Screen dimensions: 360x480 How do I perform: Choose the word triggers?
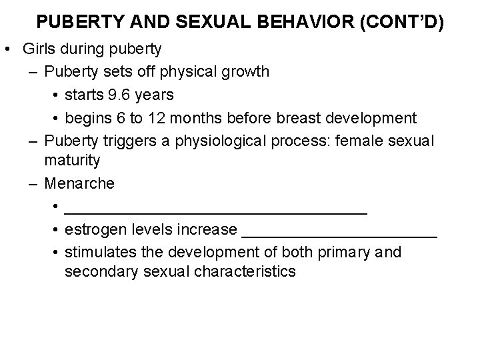pyautogui.click(x=125, y=141)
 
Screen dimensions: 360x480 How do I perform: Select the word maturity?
pyautogui.click(x=73, y=160)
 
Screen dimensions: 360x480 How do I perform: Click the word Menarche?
pyautogui.click(x=79, y=183)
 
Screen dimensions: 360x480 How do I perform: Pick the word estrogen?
pyautogui.click(x=91, y=230)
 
